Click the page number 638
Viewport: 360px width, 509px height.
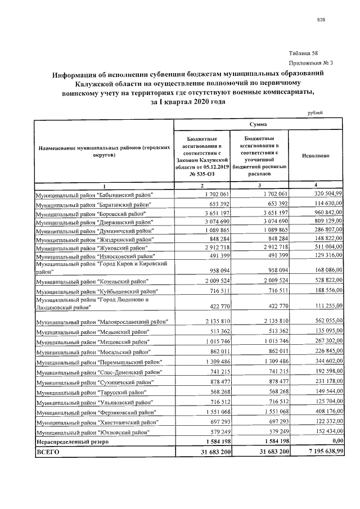[x=321, y=20]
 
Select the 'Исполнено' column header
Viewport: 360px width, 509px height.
[x=315, y=155]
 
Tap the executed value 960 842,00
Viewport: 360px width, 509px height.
[x=318, y=214]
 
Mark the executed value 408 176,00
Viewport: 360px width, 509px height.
[x=318, y=412]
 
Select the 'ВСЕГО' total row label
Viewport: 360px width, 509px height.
[x=48, y=452]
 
